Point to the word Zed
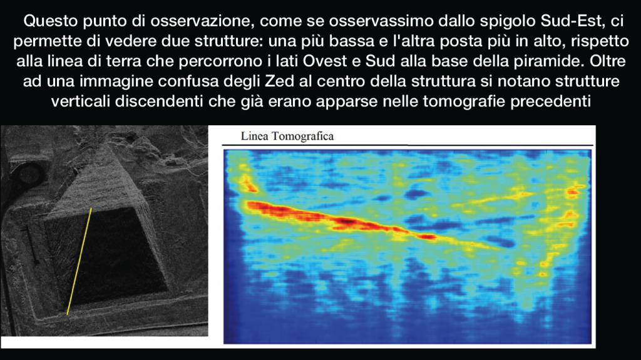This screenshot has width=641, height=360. pos(279,81)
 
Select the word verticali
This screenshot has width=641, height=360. pos(80,101)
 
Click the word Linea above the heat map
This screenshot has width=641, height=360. pos(254,136)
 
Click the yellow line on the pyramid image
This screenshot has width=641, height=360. pos(79,262)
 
